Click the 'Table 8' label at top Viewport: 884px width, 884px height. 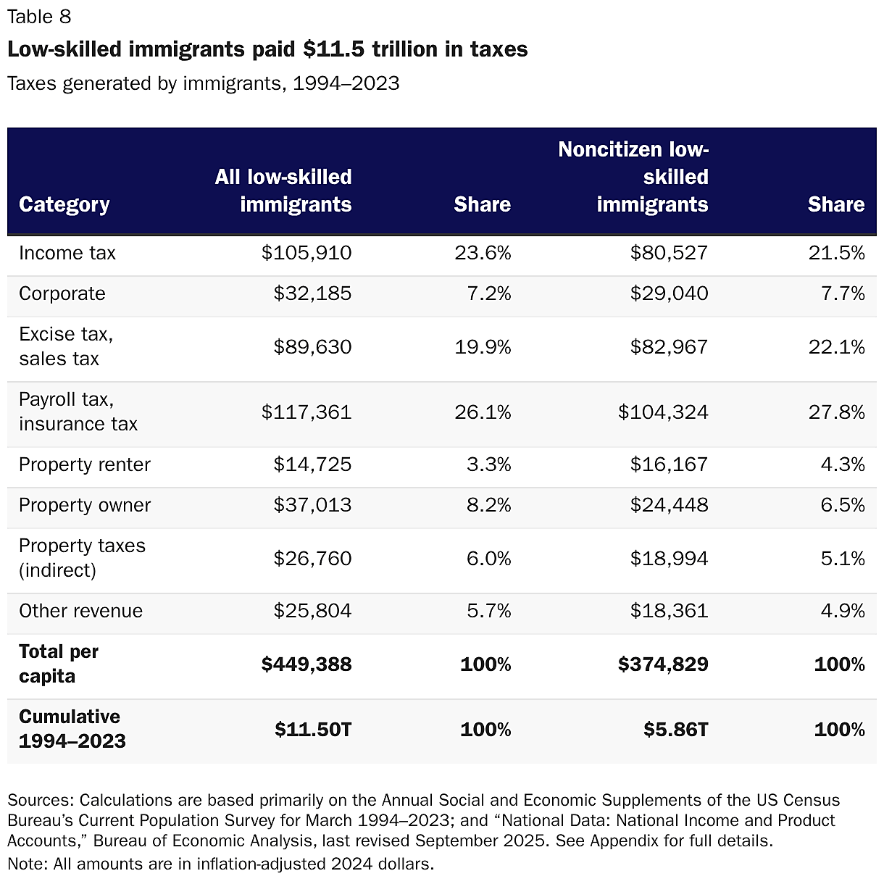[x=39, y=17]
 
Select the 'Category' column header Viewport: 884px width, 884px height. [x=64, y=205]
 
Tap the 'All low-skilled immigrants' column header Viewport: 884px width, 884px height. [x=283, y=191]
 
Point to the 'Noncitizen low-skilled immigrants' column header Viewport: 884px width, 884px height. [x=633, y=178]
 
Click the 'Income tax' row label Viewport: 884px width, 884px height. [x=67, y=253]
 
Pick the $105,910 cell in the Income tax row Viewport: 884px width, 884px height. [x=307, y=253]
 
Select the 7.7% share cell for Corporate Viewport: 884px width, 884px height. [x=843, y=293]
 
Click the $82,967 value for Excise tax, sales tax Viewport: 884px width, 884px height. [x=669, y=347]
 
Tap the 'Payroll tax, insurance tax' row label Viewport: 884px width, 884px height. [x=78, y=412]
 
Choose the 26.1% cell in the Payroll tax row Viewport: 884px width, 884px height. [x=483, y=412]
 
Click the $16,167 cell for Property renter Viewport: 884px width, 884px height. [x=669, y=464]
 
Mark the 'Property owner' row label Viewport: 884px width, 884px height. [x=85, y=505]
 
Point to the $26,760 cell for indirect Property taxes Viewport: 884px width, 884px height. [x=312, y=559]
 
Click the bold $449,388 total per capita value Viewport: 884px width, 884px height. [x=307, y=664]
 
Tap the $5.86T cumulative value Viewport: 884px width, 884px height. [x=675, y=730]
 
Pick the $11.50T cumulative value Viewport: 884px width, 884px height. [x=313, y=730]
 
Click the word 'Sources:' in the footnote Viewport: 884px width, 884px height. [x=41, y=801]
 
